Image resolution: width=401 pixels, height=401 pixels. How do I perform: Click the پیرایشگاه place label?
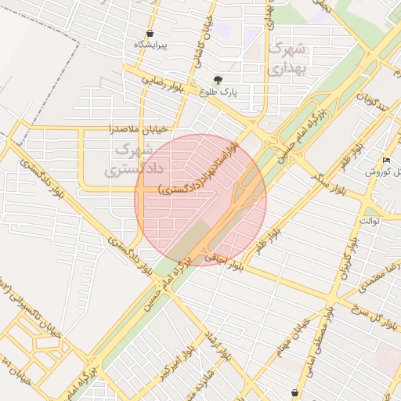(150, 45)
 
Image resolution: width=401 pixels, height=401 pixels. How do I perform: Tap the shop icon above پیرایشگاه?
(150, 34)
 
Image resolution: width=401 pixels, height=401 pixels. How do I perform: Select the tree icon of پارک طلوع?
(218, 80)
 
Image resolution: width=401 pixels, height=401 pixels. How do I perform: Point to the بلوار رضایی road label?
(162, 82)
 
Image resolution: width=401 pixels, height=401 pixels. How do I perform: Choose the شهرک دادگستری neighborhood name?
(124, 158)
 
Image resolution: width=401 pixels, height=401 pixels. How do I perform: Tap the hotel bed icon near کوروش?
(386, 161)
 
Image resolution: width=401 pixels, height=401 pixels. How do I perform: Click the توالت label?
(369, 221)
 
